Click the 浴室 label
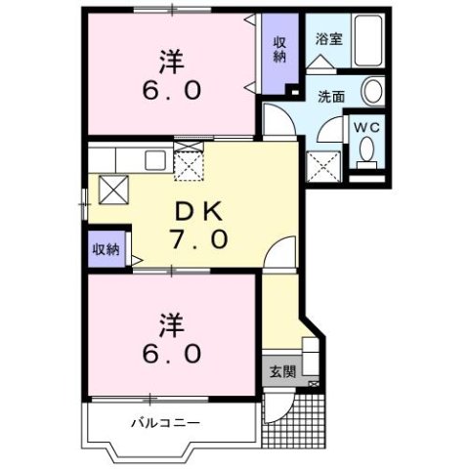(329, 40)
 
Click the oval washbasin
(372, 93)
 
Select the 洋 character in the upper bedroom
(174, 62)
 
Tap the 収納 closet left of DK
(106, 248)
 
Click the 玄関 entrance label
(281, 371)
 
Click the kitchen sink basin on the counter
(155, 161)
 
